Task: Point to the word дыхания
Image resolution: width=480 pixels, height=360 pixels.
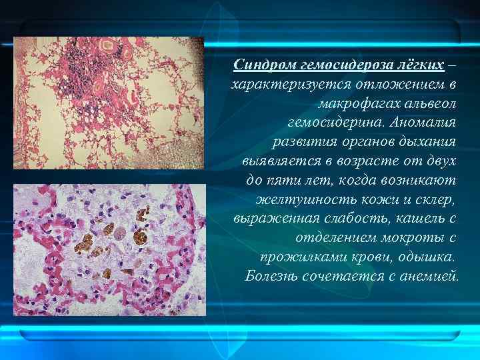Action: (428, 142)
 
